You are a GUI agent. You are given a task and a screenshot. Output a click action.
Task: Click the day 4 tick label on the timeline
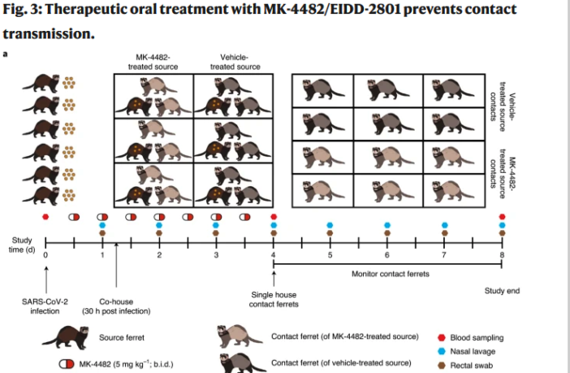click(x=274, y=255)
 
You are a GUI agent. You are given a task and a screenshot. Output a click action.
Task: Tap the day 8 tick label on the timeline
click(x=502, y=255)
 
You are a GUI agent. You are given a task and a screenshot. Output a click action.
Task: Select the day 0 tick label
click(x=45, y=255)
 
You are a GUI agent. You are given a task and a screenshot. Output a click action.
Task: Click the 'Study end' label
click(x=502, y=290)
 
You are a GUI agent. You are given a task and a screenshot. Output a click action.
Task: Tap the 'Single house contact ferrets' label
click(x=274, y=300)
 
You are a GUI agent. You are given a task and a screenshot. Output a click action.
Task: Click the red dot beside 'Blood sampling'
click(x=443, y=337)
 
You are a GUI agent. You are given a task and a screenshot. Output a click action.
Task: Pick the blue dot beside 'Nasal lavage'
click(x=443, y=350)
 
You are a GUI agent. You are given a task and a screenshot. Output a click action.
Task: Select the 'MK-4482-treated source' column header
click(x=153, y=62)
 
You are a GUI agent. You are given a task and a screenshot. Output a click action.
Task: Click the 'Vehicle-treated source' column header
click(x=235, y=62)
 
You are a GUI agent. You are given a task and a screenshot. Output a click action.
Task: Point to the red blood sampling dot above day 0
click(x=45, y=217)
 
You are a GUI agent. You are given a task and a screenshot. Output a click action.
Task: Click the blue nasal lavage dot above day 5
click(x=330, y=225)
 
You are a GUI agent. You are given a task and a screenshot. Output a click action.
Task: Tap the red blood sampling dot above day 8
click(x=502, y=217)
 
